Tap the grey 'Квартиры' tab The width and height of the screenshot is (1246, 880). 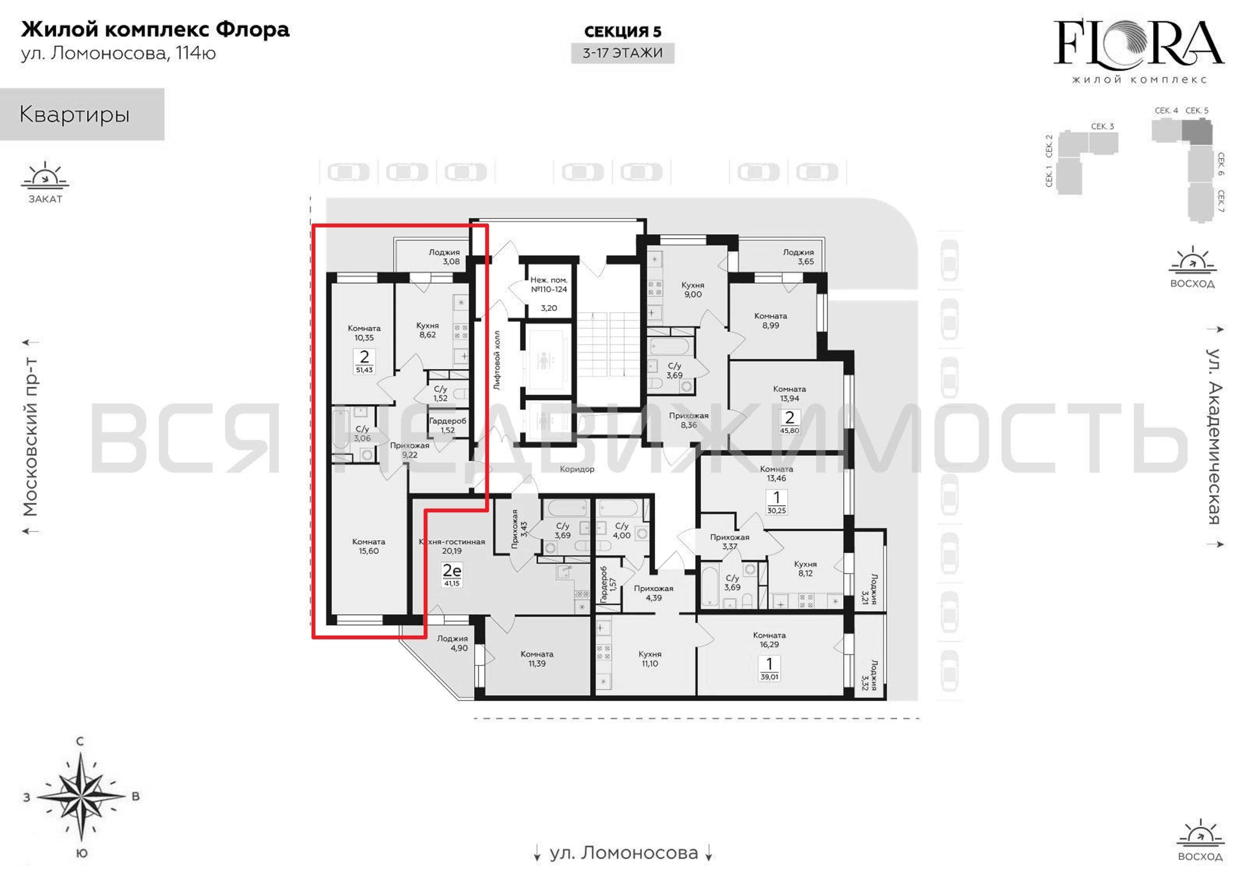(82, 114)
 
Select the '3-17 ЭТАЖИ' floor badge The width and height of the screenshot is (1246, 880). (623, 53)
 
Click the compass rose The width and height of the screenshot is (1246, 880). (81, 797)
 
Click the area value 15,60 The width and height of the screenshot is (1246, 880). (369, 550)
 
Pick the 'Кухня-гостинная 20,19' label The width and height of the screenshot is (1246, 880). (451, 546)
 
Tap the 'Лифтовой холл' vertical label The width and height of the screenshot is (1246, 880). (497, 360)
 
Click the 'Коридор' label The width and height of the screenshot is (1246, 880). (577, 469)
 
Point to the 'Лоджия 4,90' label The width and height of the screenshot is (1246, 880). (453, 643)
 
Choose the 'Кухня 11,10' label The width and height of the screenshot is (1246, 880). (649, 659)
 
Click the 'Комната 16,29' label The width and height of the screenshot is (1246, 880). (769, 639)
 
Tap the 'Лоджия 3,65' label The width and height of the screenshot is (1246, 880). (798, 256)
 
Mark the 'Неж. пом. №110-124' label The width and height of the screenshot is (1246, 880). (549, 285)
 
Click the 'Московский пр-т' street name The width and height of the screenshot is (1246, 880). (30, 436)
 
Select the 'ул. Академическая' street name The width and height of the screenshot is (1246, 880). (1214, 436)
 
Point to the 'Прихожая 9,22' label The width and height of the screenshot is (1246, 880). (410, 450)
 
